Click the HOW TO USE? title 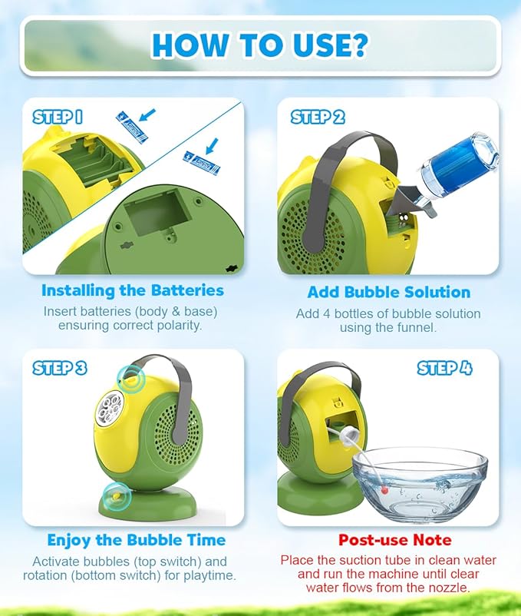click(259, 45)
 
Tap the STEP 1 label click(58, 117)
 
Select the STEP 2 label click(318, 117)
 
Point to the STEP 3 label click(60, 368)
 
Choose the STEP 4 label click(444, 368)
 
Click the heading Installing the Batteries click(133, 290)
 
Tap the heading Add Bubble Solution click(389, 292)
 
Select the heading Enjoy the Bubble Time click(136, 540)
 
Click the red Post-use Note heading click(394, 540)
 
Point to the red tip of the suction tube click(384, 490)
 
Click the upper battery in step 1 click(132, 127)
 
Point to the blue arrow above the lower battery click(212, 146)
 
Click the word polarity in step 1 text click(180, 326)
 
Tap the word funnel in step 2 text click(420, 327)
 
